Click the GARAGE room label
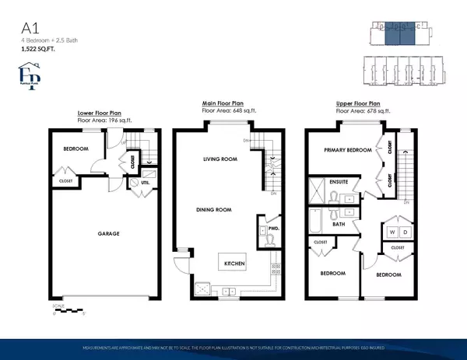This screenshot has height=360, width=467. coord(98,232)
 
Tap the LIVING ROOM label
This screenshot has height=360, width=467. coord(220,160)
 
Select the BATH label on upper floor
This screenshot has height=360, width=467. coord(339,224)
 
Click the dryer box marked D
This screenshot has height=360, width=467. coord(403,232)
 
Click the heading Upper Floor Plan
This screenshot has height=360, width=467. coord(358,103)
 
